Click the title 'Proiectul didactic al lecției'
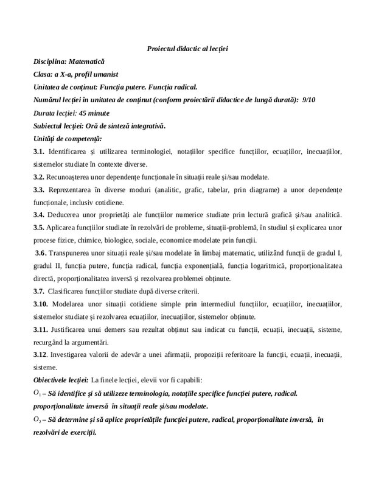(187, 48)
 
